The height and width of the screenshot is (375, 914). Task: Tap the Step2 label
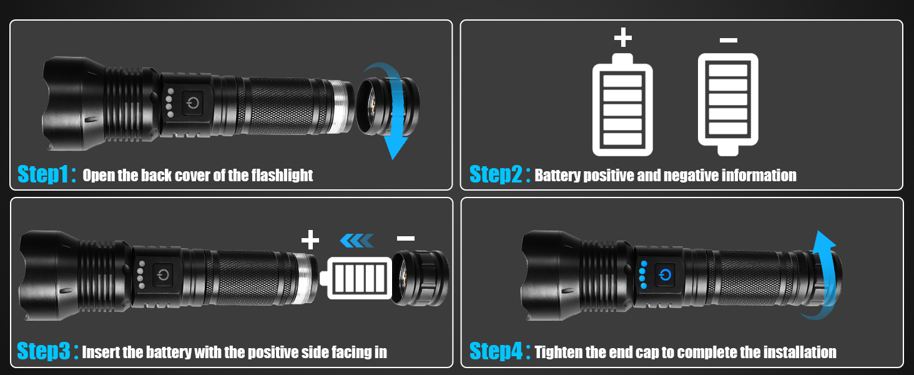coord(494,174)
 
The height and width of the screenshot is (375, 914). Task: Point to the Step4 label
coord(495,351)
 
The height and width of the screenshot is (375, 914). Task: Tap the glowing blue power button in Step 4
coord(666,275)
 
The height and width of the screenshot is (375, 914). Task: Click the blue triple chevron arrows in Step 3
coord(356,239)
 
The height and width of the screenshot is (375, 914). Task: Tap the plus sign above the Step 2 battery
coord(622,38)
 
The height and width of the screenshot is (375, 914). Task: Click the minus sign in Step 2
coord(728,41)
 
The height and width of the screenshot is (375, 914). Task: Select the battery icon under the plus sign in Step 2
coord(622,105)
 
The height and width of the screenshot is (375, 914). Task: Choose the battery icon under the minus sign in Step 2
coord(728,104)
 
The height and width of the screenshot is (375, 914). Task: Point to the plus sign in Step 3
coord(310,239)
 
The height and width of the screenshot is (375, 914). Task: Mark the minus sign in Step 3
coord(406,239)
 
